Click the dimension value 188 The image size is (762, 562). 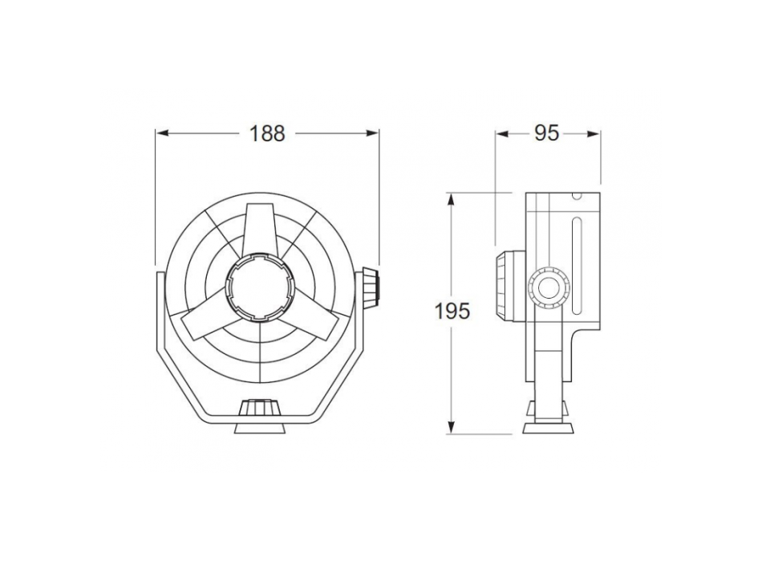tap(267, 134)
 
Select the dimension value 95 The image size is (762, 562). tap(546, 134)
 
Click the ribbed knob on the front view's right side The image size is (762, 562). tap(369, 285)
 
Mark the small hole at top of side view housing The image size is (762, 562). tap(574, 196)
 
